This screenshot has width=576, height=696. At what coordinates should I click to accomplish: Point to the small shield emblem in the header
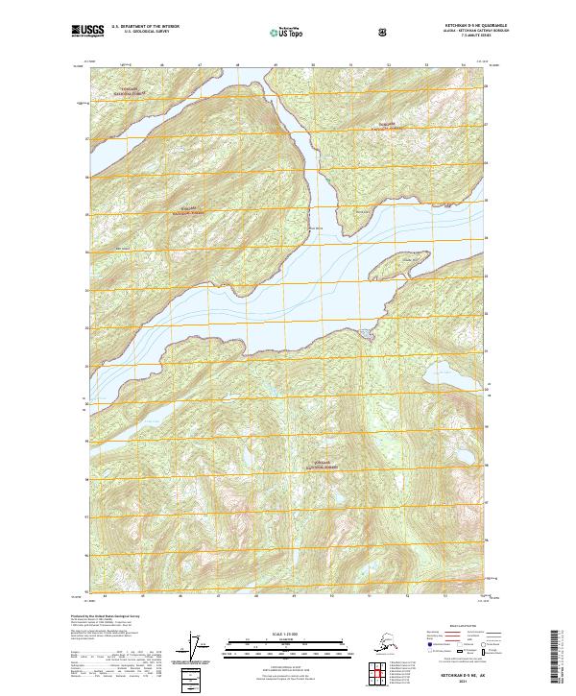pyautogui.click(x=383, y=32)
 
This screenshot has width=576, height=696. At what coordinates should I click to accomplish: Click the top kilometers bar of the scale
pyautogui.click(x=287, y=641)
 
